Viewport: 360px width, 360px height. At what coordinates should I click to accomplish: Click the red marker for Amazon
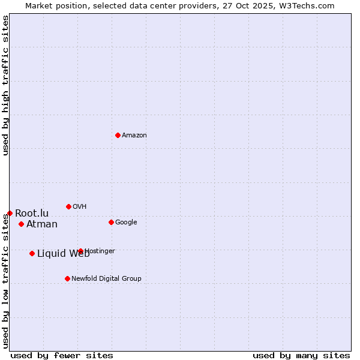point(118,135)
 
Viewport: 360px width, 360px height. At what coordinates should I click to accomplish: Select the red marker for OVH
point(68,206)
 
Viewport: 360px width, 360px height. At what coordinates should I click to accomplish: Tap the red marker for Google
point(111,222)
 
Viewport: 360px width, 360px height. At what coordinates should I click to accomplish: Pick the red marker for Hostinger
point(80,251)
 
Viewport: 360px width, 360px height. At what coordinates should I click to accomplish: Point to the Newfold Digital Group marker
point(67,278)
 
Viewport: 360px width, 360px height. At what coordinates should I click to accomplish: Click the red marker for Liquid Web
point(32,253)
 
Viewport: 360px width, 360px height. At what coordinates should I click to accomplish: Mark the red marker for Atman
point(21,224)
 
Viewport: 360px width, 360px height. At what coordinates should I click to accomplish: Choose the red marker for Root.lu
point(10,213)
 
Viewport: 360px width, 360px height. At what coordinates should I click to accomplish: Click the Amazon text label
point(134,136)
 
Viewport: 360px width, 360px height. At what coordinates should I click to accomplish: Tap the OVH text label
point(80,207)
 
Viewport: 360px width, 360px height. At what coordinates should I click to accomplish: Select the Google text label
point(126,223)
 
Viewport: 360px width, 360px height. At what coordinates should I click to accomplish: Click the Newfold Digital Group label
point(106,279)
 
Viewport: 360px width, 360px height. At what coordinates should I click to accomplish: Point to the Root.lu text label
point(32,214)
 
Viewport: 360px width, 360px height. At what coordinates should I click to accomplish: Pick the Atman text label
point(42,224)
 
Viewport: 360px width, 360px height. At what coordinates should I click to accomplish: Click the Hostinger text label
point(100,251)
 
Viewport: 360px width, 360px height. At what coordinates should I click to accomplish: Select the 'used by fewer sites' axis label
point(62,355)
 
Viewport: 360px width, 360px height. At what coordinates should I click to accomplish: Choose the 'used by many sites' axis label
point(301,355)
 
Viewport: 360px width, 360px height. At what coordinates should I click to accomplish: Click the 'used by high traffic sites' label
point(5,85)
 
